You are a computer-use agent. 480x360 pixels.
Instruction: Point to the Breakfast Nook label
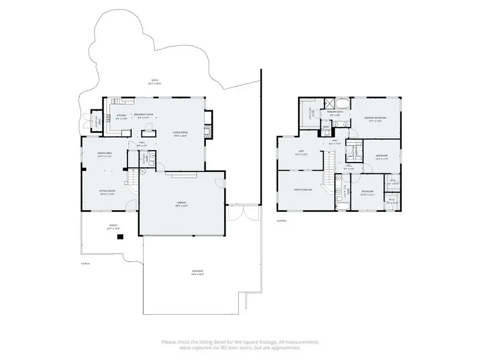(143, 116)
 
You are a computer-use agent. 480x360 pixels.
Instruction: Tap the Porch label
(113, 227)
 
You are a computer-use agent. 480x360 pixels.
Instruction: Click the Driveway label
(198, 273)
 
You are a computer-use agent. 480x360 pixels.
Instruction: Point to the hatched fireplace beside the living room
(208, 130)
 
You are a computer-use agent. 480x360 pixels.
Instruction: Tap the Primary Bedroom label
(375, 119)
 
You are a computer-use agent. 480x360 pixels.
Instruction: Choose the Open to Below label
(302, 190)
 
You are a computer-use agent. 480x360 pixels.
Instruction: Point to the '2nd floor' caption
(282, 220)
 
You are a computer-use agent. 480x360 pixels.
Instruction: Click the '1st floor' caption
(86, 263)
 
